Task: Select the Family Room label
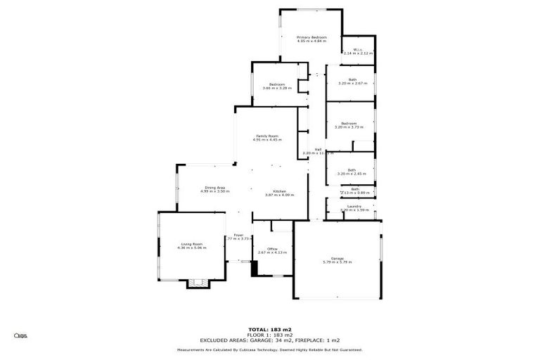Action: click(267, 136)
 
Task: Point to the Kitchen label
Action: click(279, 191)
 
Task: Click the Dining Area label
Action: click(214, 187)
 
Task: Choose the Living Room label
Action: click(191, 244)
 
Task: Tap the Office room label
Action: click(272, 248)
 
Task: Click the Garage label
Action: click(337, 258)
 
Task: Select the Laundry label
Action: click(354, 206)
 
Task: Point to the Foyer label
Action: click(238, 235)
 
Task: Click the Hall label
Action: click(318, 149)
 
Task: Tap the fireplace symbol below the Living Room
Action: click(198, 283)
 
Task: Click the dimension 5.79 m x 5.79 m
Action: click(337, 262)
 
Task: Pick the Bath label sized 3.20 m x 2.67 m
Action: click(352, 79)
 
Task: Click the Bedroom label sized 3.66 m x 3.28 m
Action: click(277, 84)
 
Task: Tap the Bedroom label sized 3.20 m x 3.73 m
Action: click(349, 124)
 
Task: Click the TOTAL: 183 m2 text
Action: click(270, 329)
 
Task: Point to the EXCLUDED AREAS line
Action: click(270, 340)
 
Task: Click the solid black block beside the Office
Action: click(255, 268)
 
